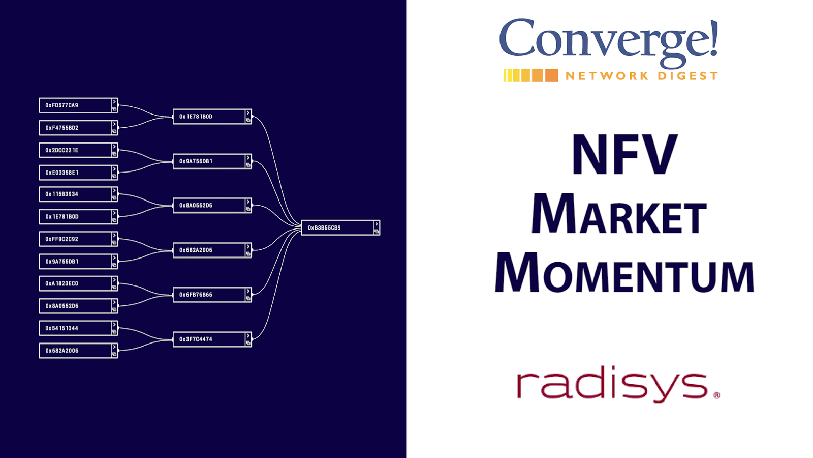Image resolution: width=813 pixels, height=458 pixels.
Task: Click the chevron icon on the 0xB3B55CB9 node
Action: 377,224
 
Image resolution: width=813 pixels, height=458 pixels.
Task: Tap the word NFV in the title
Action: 624,155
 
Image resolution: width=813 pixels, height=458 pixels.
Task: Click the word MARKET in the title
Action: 619,214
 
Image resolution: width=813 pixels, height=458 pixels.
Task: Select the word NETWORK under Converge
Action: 607,76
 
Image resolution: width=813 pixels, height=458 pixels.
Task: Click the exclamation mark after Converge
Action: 714,39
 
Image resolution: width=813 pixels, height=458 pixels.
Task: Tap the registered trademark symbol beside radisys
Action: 716,395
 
